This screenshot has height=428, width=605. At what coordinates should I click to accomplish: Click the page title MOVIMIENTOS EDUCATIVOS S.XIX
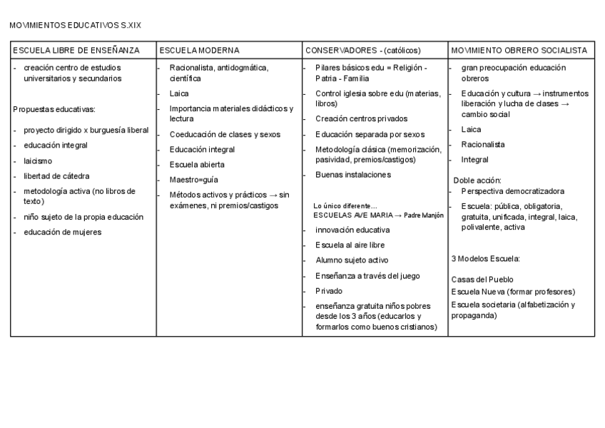[76, 25]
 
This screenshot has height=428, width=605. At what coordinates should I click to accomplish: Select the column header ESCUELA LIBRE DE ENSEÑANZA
[75, 51]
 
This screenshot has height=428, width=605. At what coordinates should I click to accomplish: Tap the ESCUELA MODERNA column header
[199, 51]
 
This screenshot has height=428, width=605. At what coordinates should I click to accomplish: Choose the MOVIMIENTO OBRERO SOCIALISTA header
[519, 51]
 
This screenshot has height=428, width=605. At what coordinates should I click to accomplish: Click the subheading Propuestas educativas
[54, 109]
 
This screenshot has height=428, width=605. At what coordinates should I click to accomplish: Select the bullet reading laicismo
[38, 161]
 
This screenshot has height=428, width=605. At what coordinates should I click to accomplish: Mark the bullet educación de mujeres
[62, 231]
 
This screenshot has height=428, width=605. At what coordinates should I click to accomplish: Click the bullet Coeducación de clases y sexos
[225, 134]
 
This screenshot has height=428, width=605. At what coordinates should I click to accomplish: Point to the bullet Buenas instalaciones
[353, 174]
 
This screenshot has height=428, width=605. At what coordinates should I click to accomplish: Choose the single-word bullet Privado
[329, 291]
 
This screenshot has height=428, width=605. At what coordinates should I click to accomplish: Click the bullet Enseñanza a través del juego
[367, 275]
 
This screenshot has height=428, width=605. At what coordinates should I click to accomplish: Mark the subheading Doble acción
[477, 180]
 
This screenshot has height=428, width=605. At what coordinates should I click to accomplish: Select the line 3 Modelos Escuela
[485, 258]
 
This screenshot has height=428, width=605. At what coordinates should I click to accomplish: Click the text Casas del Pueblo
[482, 279]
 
